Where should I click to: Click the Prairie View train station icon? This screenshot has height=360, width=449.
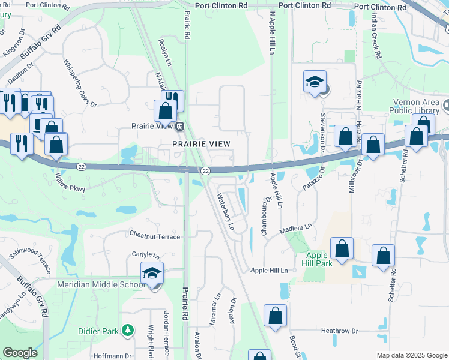(179, 127)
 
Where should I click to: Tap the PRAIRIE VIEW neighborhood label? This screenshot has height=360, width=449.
(201, 144)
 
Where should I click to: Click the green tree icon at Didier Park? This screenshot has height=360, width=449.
(127, 331)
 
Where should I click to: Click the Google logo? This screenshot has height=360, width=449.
(20, 353)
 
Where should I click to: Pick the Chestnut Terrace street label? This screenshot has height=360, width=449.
(155, 237)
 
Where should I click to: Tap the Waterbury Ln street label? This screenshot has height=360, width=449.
(225, 206)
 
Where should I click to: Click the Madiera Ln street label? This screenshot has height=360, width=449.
(297, 228)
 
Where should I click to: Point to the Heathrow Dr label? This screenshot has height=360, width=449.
(339, 331)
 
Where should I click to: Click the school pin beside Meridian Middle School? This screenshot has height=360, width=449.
(152, 274)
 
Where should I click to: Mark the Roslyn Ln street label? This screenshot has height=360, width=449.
(163, 46)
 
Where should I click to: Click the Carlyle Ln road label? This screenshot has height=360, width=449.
(145, 254)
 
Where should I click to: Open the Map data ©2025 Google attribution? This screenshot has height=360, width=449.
(411, 355)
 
